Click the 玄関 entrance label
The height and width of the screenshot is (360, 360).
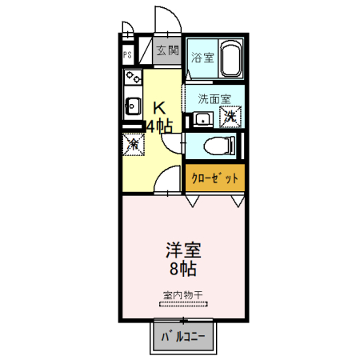click(166, 51)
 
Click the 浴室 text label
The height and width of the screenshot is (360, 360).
click(202, 58)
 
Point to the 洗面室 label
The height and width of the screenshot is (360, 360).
click(214, 98)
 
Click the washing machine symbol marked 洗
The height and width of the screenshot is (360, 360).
click(230, 118)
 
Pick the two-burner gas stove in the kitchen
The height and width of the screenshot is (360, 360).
click(131, 80)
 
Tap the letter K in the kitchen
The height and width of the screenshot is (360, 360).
click(159, 107)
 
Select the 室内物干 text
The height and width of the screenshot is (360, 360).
click(183, 294)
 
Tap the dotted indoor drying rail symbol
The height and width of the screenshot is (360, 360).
click(183, 305)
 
